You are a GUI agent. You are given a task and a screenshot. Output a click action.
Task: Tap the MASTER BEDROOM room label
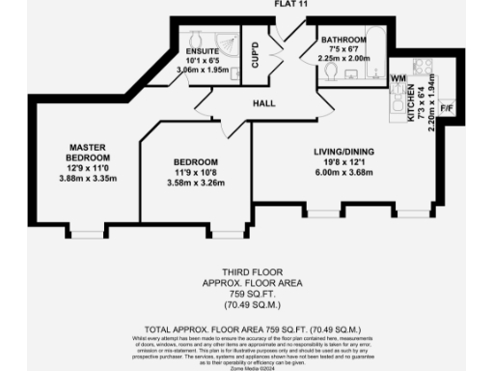click(88, 152)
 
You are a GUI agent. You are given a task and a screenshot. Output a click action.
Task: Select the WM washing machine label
click(399, 77)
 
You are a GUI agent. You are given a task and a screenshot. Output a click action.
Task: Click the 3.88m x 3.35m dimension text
click(88, 179)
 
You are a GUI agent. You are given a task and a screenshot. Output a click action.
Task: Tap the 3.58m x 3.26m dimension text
click(196, 185)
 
